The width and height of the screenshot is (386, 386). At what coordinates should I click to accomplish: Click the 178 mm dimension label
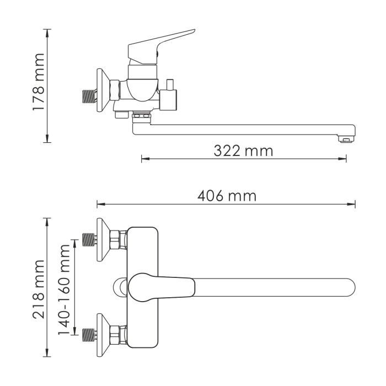pos(37,83)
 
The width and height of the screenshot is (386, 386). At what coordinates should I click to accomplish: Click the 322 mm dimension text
pos(243,150)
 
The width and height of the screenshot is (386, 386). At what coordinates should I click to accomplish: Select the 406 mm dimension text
pos(226,196)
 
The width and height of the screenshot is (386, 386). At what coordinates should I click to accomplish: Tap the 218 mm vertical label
pos(37,288)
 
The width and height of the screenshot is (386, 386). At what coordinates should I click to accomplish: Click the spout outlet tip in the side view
pos(346,138)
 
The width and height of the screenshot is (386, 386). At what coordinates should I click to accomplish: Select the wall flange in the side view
pos(101,90)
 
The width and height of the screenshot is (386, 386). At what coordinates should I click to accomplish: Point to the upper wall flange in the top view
pos(103,239)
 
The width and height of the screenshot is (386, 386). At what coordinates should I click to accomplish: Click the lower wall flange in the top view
pos(103,334)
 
